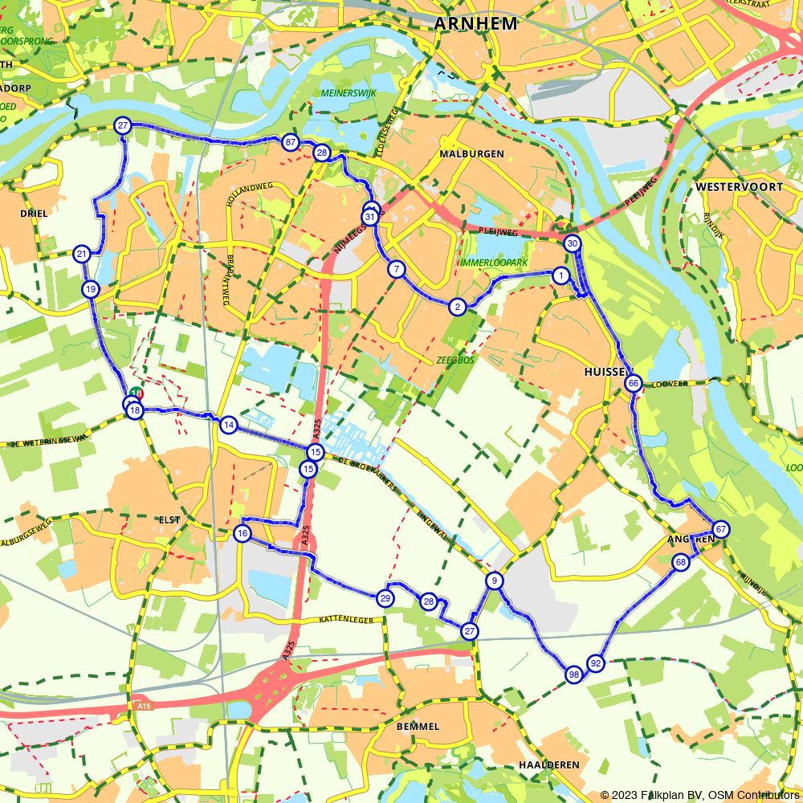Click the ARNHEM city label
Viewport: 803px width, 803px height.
(x=476, y=24)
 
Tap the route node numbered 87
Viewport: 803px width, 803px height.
(x=291, y=142)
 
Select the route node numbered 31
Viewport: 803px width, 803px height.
(x=370, y=217)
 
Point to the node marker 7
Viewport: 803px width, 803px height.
(x=397, y=269)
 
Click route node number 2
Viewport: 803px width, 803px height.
(x=457, y=306)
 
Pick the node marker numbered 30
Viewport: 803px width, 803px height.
(x=572, y=243)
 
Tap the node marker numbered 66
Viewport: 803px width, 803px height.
(x=634, y=383)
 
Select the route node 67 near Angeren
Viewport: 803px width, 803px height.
(x=721, y=529)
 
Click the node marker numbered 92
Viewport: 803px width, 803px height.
(x=595, y=663)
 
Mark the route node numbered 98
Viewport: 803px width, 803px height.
(x=573, y=674)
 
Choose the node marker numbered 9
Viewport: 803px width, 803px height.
(x=495, y=581)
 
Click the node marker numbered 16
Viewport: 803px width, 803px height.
(x=243, y=533)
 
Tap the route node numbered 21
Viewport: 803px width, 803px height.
(x=81, y=255)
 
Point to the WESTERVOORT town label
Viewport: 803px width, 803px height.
(x=740, y=186)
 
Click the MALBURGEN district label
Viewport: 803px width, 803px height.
(x=471, y=153)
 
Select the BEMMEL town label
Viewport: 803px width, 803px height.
(x=418, y=726)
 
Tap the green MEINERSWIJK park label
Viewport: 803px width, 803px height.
(x=349, y=93)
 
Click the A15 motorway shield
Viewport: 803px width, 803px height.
(x=144, y=706)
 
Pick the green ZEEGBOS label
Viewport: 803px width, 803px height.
(x=455, y=360)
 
